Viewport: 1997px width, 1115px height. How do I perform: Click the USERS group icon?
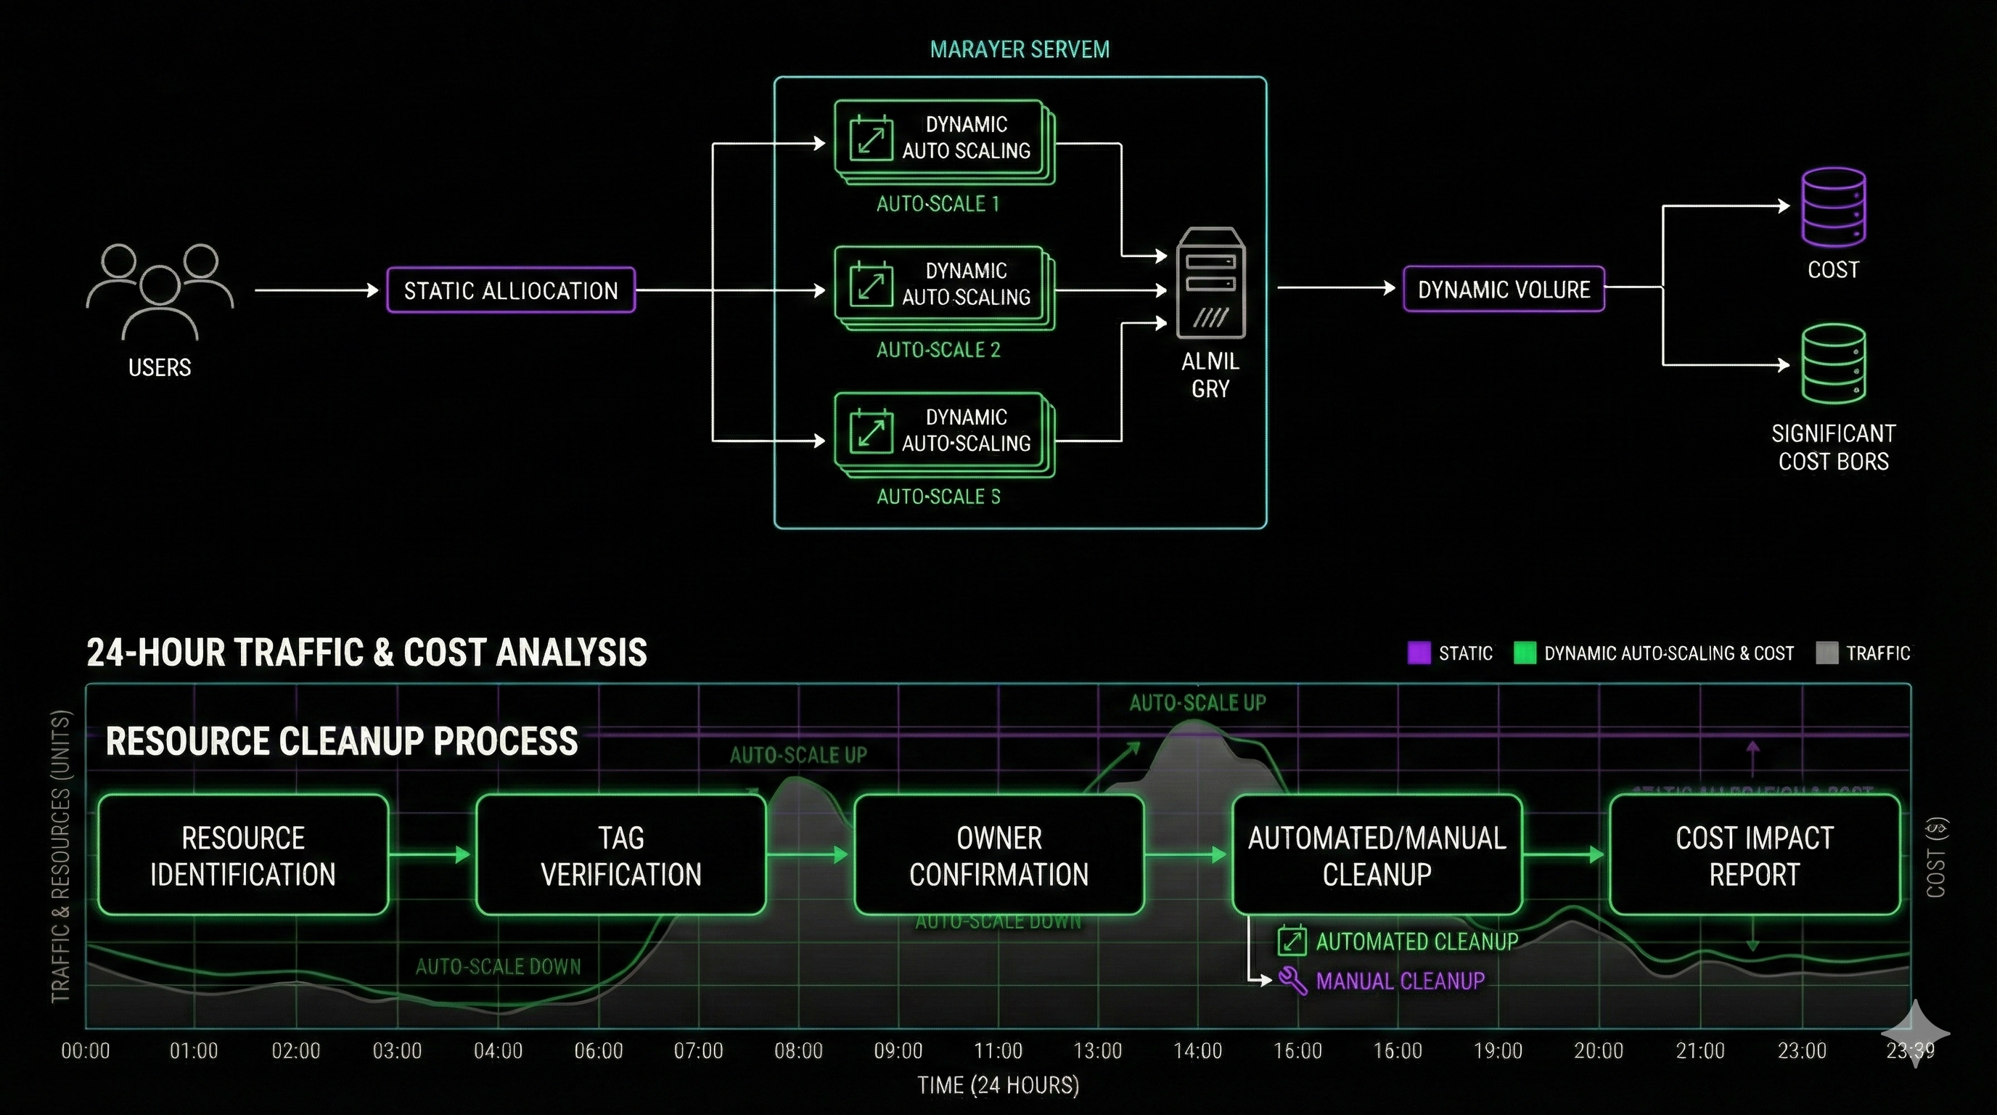pos(160,291)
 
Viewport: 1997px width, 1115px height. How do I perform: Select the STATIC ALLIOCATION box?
pos(511,291)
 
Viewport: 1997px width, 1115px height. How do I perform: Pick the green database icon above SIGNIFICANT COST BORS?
pos(1833,364)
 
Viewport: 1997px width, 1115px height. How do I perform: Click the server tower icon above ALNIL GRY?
pos(1210,283)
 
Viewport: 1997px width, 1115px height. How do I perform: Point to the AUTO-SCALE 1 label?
pos(938,204)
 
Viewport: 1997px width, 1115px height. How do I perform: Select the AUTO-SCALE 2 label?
pos(938,350)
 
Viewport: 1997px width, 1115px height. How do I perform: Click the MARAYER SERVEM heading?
pos(1020,49)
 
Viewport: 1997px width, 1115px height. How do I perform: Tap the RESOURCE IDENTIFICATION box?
pos(242,855)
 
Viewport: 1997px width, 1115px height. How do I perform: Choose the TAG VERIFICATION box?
pos(620,855)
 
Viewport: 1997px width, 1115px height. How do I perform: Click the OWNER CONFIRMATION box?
pos(998,855)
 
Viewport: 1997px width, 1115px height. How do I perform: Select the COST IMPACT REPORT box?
pos(1755,855)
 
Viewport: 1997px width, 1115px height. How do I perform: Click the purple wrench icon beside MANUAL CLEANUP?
pos(1292,981)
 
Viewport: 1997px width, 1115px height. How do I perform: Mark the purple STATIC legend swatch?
pos(1419,653)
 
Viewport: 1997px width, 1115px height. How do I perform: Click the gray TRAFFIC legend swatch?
pos(1826,653)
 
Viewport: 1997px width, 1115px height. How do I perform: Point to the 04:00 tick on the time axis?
pos(498,1050)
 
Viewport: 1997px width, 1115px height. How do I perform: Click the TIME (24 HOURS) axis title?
pos(998,1085)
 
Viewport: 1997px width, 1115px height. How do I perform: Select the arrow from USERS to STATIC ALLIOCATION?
pos(316,291)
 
